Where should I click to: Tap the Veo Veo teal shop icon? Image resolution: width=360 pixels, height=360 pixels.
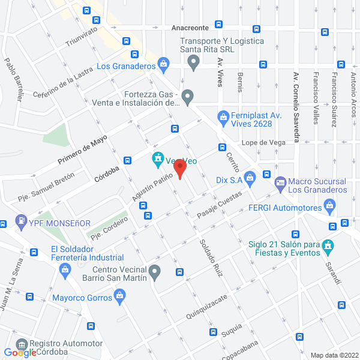point(158,159)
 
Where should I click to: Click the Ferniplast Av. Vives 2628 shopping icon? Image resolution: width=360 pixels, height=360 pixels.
point(223,116)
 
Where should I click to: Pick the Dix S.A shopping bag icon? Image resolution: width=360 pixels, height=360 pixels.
point(251,176)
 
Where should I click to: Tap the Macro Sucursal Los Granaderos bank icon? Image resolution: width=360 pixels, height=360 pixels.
point(280,182)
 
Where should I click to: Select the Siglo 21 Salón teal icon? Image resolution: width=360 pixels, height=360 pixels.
point(328,245)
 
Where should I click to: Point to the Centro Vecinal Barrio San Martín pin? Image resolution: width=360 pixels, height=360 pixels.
point(155,274)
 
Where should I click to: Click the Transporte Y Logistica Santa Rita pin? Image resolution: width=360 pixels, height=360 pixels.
point(193,61)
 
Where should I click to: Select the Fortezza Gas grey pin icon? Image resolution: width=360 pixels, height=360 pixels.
point(188,96)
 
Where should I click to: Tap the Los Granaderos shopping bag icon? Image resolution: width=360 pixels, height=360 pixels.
point(164,62)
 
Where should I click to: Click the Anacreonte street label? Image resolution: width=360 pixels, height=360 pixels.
point(190,28)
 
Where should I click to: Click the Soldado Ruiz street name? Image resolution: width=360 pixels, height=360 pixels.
point(211,258)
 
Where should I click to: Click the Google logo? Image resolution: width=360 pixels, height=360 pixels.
point(20,353)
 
